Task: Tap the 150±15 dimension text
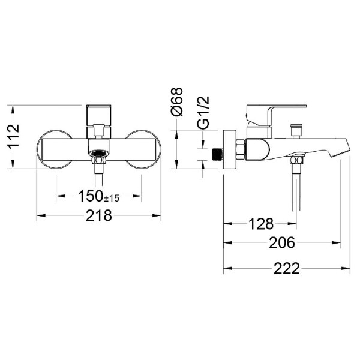(99, 196)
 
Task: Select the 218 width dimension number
(99, 215)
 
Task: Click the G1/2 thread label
(203, 115)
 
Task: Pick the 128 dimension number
(260, 224)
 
